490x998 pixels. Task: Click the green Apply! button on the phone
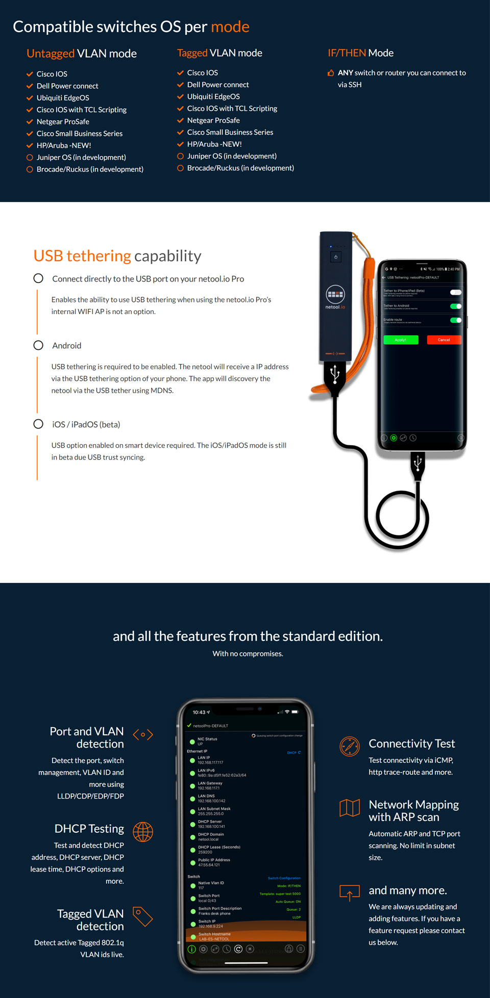401,340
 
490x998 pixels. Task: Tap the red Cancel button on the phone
444,340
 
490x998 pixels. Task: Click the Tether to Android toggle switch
455,306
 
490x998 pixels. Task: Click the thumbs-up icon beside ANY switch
331,73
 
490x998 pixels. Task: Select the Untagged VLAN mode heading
82,54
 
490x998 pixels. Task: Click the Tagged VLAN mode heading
219,53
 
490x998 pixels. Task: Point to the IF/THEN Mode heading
360,53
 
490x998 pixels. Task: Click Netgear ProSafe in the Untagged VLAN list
63,121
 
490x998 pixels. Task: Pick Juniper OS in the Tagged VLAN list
231,156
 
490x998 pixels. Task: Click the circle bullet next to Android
38,345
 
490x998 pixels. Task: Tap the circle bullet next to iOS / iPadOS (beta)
38,424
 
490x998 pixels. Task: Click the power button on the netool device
335,257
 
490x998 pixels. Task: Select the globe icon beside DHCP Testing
143,832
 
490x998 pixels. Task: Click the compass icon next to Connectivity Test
350,747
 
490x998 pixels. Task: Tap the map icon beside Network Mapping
350,807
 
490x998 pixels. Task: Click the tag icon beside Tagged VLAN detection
143,916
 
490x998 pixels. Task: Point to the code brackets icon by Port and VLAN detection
143,735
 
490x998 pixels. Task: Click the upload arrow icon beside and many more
350,893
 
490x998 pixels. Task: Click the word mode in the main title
230,27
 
